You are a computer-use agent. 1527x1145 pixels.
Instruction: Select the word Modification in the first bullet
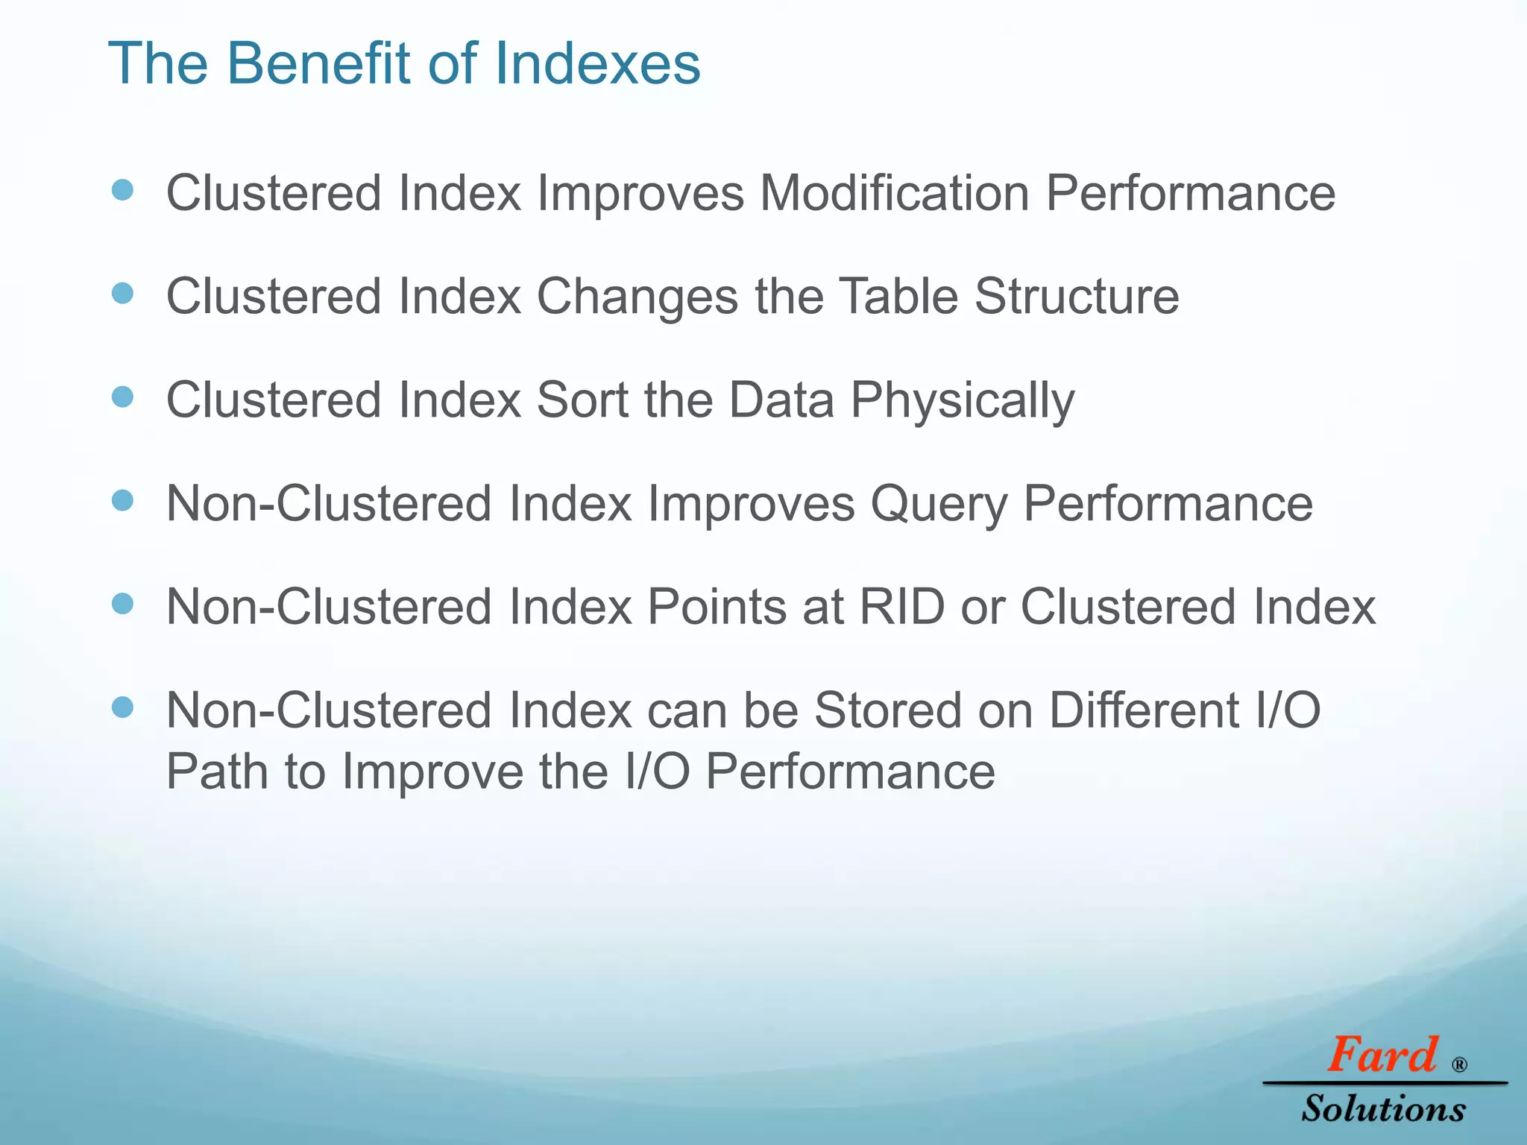point(894,194)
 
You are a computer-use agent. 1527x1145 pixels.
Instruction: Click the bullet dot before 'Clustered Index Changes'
point(122,293)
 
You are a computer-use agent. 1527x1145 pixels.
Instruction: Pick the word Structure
point(1077,297)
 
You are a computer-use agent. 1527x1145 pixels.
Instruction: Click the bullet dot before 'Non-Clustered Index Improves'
point(122,500)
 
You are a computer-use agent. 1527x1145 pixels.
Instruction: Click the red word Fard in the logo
point(1382,1055)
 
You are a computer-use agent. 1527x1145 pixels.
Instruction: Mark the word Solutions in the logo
point(1384,1109)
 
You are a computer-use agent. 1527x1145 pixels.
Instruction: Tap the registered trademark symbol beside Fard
point(1460,1064)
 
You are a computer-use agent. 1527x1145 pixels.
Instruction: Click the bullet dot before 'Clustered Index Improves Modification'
point(122,190)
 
